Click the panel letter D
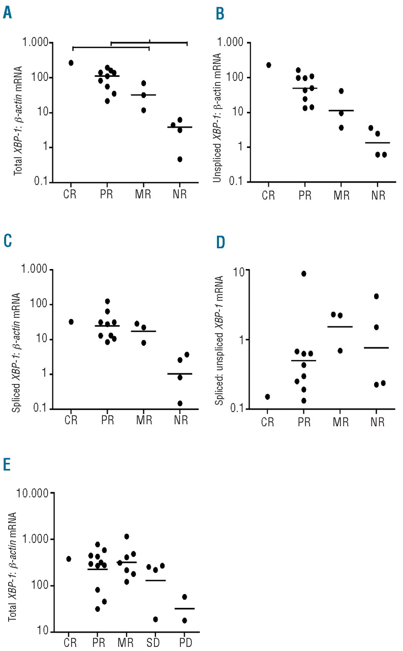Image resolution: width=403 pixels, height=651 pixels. pos(221,241)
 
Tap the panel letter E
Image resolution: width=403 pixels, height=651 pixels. pos(7,465)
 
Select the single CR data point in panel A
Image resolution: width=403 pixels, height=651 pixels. pos(71,63)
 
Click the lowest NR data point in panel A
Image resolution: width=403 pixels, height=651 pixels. pos(180,159)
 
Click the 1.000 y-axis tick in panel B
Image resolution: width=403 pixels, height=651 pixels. pos(246,43)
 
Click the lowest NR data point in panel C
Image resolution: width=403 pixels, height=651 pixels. pos(180,403)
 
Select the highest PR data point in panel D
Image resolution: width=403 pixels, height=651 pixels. pos(303,274)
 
